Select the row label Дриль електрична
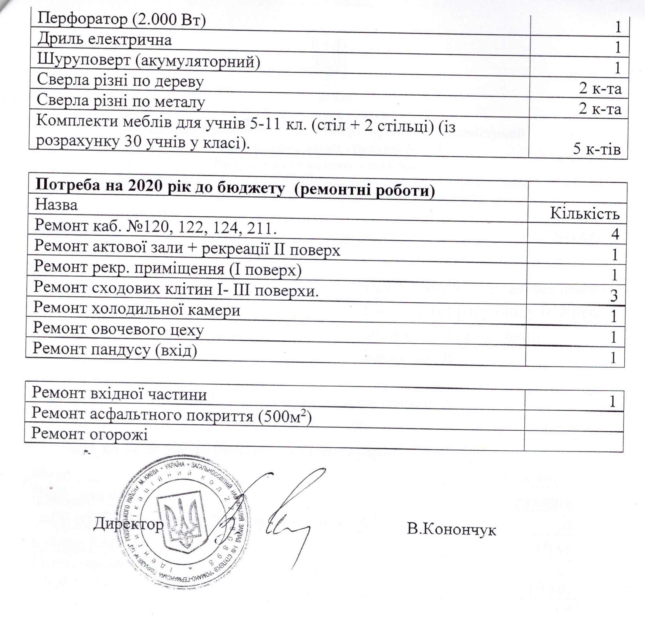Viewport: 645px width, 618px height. pos(104,40)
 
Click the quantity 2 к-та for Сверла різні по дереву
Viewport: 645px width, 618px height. pos(600,88)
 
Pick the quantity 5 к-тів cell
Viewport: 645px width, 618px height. pos(597,149)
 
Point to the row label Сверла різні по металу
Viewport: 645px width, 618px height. pos(120,100)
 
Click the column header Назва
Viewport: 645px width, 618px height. pos(56,205)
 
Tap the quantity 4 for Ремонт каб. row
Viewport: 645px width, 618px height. pos(615,234)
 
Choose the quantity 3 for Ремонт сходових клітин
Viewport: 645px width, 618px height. pos(613,296)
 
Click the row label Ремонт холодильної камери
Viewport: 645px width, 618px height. pos(137,309)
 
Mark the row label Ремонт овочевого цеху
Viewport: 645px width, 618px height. pos(118,329)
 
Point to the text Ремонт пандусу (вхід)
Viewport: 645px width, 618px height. pos(114,349)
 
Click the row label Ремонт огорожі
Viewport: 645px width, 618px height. pos(89,434)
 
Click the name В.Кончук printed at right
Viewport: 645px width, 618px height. pos(451,530)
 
